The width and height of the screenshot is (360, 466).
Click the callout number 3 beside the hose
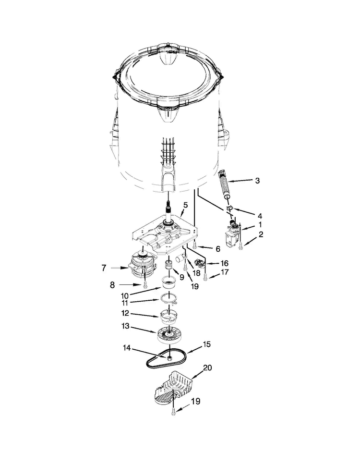pos(257,181)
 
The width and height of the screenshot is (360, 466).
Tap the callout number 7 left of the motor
pos(104,268)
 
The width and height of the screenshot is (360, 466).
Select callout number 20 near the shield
pos(207,368)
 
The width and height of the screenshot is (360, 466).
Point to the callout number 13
pos(126,326)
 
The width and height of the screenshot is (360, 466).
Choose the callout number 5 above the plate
pos(185,205)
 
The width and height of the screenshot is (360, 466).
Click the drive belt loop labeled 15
pos(167,358)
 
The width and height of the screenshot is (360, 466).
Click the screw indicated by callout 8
pos(145,285)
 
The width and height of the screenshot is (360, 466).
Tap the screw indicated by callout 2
pos(240,245)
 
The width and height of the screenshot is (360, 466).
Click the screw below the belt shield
pos(173,412)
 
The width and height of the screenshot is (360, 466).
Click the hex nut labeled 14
pos(169,356)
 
